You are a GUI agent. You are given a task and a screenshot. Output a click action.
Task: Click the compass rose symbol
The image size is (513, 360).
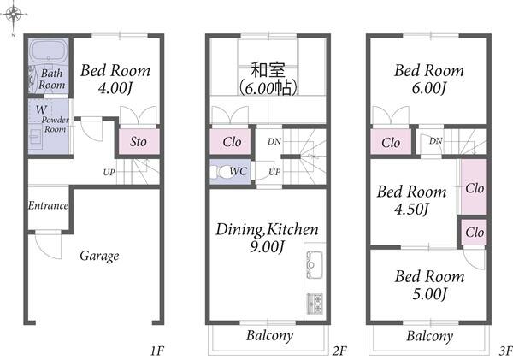(x=14, y=15)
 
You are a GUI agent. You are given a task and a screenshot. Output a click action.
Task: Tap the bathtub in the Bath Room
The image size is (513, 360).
(x=49, y=51)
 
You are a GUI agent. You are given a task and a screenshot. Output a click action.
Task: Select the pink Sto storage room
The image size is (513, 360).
(x=139, y=141)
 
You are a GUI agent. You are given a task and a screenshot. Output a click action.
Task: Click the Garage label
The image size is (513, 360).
(x=99, y=256)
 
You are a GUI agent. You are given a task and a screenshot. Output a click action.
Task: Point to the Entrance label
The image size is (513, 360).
(x=49, y=205)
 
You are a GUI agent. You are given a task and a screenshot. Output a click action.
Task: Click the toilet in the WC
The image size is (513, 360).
(x=223, y=172)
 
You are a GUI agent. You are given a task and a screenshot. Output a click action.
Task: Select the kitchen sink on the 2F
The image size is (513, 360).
(x=315, y=265)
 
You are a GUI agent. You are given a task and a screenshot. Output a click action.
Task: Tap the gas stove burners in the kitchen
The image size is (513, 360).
(x=315, y=304)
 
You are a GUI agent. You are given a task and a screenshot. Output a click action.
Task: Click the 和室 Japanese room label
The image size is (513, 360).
(x=268, y=70)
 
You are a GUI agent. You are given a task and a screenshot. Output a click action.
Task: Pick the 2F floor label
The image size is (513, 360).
(x=339, y=351)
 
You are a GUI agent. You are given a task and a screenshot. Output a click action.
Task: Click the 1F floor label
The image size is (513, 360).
(x=157, y=351)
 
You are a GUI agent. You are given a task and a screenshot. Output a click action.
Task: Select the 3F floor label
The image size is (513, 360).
(x=506, y=351)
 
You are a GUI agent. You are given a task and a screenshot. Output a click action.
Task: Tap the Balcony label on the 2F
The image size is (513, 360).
(x=269, y=336)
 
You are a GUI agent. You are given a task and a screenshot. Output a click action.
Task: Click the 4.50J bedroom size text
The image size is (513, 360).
(x=411, y=210)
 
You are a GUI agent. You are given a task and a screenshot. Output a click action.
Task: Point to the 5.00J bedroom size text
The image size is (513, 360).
(x=429, y=294)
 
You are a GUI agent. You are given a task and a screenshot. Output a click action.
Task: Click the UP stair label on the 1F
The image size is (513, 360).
(x=109, y=172)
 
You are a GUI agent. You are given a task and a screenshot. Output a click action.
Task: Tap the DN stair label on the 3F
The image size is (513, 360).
(x=435, y=141)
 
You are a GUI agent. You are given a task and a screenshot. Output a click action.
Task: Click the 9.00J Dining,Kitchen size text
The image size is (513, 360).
(x=267, y=246)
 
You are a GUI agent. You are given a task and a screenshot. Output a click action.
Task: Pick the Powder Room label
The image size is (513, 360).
(x=56, y=124)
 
